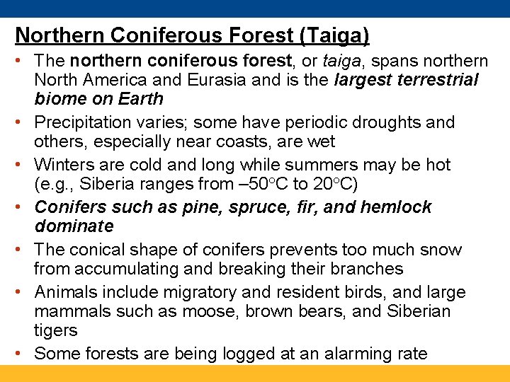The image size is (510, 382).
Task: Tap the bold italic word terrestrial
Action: (431, 80)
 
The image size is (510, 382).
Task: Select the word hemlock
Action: (398, 207)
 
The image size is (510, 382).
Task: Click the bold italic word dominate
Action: (74, 226)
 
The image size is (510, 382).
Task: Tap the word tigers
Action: (55, 330)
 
